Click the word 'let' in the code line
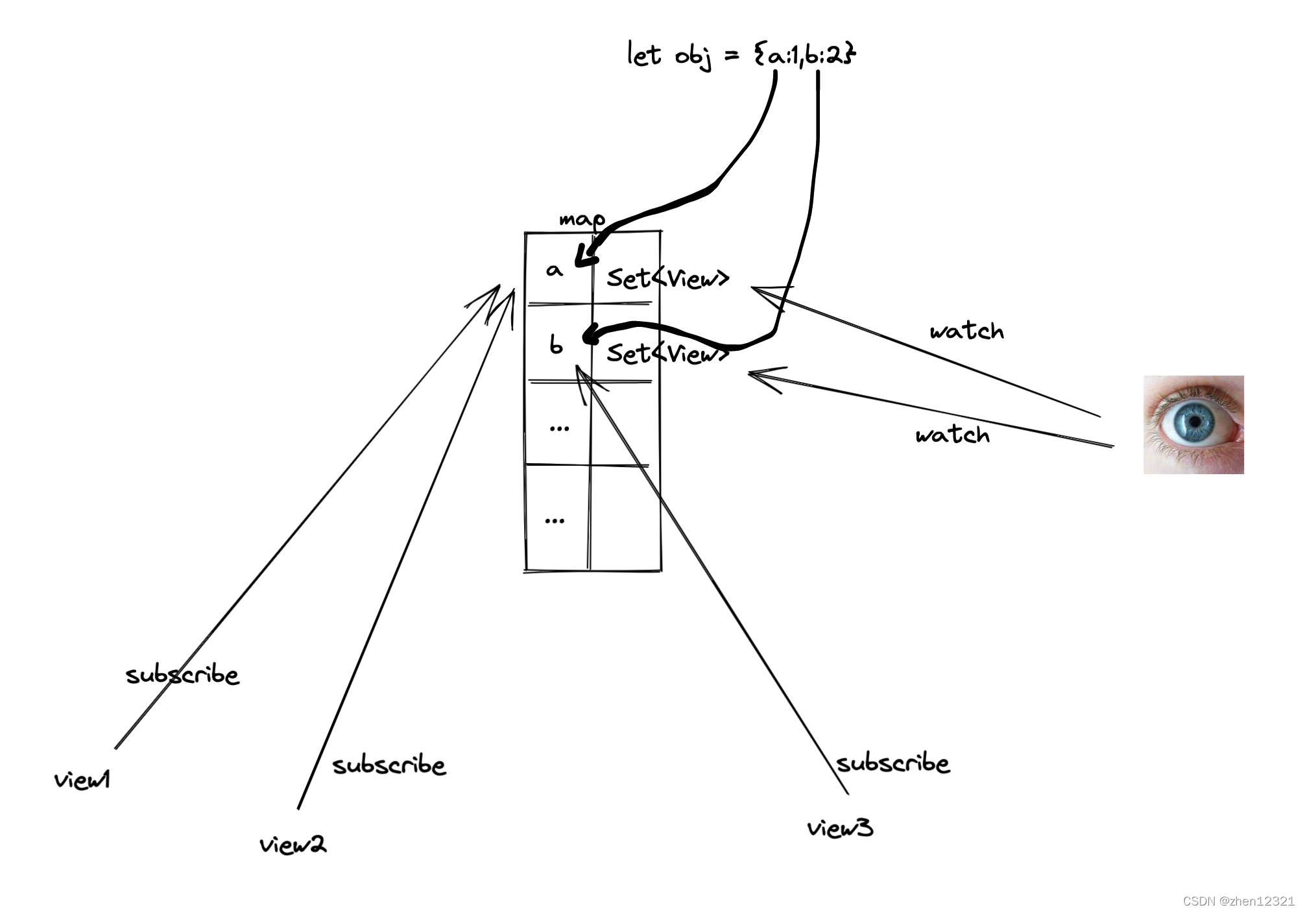643,54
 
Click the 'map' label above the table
582,220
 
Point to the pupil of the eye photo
1194,422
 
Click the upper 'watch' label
966,331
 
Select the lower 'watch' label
952,435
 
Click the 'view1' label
82,780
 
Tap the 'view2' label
293,845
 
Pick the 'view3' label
840,828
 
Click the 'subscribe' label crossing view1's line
182,675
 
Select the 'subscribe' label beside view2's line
389,765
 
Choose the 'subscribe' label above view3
892,763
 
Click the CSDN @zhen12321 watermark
1239,901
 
